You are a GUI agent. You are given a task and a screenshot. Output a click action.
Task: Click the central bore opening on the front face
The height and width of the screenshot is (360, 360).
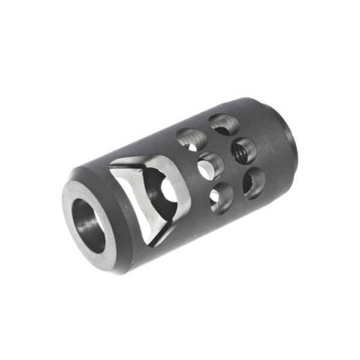tap(88, 225)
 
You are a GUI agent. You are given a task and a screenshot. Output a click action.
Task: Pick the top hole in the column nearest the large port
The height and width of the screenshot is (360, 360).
tap(191, 139)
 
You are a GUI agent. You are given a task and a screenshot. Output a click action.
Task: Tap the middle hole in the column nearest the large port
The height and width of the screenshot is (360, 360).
tap(210, 166)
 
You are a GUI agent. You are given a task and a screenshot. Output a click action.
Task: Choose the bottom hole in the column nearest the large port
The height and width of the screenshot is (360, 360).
tap(221, 198)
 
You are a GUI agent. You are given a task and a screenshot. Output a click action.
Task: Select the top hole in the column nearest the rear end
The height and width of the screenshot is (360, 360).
tap(224, 124)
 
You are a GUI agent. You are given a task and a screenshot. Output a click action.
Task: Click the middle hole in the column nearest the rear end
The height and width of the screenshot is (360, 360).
tap(244, 150)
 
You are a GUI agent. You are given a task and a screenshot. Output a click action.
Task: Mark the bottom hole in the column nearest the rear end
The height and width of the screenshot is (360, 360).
tap(255, 182)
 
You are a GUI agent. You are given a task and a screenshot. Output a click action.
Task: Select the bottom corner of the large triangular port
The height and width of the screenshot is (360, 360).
tap(157, 243)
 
